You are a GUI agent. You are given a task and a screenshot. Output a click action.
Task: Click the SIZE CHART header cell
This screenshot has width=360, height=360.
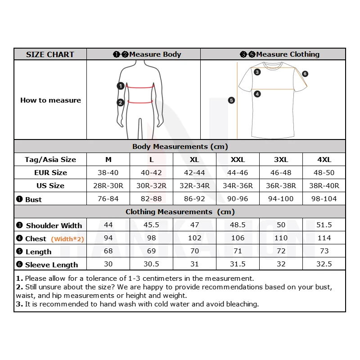point(50,54)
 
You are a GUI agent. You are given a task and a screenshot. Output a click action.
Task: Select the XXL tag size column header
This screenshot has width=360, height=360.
point(238,160)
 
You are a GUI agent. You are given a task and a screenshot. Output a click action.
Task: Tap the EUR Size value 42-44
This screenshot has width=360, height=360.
point(194,173)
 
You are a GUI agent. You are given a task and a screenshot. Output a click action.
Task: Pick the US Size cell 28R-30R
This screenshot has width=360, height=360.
point(108,186)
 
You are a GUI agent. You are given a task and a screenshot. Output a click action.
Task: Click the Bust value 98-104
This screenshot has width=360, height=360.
point(324,199)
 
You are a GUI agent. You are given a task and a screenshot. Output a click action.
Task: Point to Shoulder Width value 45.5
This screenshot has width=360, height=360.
point(151,225)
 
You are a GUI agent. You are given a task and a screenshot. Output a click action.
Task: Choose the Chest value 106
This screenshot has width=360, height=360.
point(238,238)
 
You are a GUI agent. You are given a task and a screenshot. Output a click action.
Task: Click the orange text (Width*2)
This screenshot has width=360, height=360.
point(67,239)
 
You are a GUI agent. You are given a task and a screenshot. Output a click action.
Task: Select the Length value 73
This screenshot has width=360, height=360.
point(324,251)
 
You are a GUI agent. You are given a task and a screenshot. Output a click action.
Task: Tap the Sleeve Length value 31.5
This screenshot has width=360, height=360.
point(238,264)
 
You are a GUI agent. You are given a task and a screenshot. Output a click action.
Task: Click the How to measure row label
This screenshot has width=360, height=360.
point(50,100)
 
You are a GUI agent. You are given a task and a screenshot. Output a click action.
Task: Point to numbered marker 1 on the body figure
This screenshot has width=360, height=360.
point(121,85)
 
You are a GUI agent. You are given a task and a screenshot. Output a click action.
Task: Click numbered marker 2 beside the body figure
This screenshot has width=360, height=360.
point(121,103)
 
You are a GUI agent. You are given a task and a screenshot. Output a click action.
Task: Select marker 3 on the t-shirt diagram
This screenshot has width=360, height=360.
point(257,72)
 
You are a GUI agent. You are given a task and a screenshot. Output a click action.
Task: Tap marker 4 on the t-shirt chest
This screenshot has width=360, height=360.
point(257,94)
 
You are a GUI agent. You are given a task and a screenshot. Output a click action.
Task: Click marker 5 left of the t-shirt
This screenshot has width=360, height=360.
point(231,100)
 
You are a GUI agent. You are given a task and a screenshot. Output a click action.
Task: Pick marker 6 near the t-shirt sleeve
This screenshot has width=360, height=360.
point(305,74)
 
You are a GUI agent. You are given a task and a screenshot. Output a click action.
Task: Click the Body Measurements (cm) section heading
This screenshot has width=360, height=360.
point(180,147)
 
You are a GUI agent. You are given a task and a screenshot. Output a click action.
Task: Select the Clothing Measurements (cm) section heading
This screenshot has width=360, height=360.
point(180,212)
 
